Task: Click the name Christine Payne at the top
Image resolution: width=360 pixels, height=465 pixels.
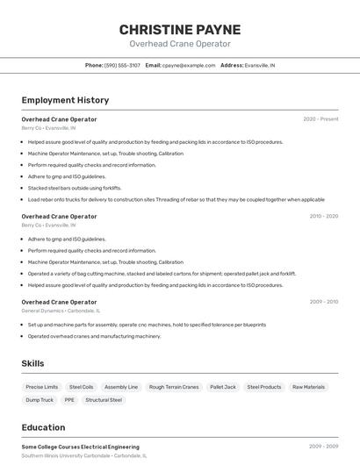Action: pyautogui.click(x=180, y=30)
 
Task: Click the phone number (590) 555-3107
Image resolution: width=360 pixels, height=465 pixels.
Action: pyautogui.click(x=122, y=65)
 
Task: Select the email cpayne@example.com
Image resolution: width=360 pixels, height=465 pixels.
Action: pyautogui.click(x=189, y=65)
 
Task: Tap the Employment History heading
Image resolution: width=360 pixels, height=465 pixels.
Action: pyautogui.click(x=65, y=100)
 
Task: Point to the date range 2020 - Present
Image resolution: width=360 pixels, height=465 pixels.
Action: pyautogui.click(x=320, y=119)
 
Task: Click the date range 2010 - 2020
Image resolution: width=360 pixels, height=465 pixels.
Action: pyautogui.click(x=323, y=216)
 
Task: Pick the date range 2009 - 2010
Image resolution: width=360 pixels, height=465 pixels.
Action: pyautogui.click(x=323, y=302)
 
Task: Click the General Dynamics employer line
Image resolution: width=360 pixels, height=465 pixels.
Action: pyautogui.click(x=61, y=311)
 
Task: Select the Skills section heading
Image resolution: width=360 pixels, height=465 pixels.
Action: pyautogui.click(x=33, y=363)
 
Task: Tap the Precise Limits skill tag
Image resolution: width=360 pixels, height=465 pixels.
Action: pyautogui.click(x=42, y=387)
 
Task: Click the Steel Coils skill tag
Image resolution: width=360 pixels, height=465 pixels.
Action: pyautogui.click(x=82, y=387)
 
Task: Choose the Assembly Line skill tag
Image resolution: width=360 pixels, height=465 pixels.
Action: pyautogui.click(x=121, y=387)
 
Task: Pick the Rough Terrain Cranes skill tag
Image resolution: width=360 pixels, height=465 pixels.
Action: pyautogui.click(x=174, y=387)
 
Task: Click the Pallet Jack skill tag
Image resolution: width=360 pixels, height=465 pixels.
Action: pyautogui.click(x=223, y=387)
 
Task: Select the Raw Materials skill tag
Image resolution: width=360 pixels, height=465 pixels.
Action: pyautogui.click(x=308, y=387)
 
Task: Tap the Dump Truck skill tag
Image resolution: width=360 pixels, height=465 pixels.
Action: pyautogui.click(x=40, y=400)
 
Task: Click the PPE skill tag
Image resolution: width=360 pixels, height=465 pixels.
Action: pyautogui.click(x=69, y=400)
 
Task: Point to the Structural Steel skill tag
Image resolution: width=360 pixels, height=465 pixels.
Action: pyautogui.click(x=104, y=400)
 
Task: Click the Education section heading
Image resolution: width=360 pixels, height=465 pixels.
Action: pyautogui.click(x=43, y=427)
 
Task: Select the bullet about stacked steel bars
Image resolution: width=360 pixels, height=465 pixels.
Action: pyautogui.click(x=75, y=188)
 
